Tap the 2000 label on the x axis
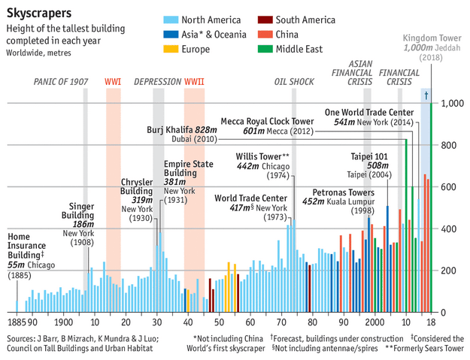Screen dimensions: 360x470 [x=374, y=322]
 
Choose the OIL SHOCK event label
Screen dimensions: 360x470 [x=293, y=81]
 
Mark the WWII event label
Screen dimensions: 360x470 [x=194, y=81]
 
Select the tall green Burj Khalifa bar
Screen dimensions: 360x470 [x=406, y=225]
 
